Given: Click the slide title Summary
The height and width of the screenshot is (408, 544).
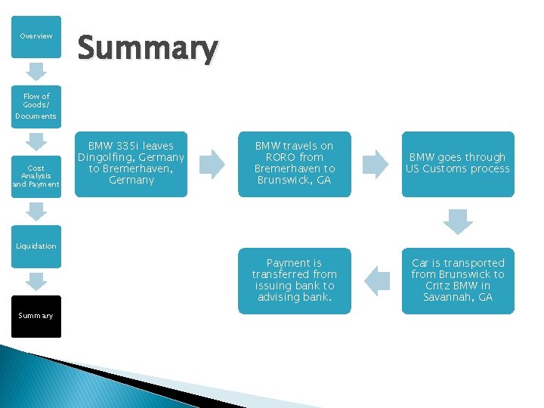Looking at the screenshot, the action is click(x=147, y=48).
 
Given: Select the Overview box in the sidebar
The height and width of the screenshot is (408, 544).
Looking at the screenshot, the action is click(x=36, y=36).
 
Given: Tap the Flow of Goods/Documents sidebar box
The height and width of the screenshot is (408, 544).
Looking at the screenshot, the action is click(x=36, y=106).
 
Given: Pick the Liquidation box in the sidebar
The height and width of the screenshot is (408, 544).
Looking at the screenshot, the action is click(x=36, y=246).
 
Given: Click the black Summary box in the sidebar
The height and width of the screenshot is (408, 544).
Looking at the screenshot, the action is click(x=36, y=315).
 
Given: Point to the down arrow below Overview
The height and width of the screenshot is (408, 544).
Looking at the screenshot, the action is click(x=36, y=71).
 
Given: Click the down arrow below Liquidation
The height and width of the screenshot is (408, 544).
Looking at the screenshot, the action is click(x=36, y=281).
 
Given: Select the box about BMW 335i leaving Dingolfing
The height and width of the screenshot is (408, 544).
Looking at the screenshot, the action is click(x=131, y=163).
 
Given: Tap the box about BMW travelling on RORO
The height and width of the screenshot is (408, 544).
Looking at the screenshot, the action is click(x=294, y=163).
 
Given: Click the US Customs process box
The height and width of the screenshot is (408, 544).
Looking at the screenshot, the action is click(x=457, y=163).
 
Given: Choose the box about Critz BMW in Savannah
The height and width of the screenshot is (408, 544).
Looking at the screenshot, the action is click(x=457, y=280).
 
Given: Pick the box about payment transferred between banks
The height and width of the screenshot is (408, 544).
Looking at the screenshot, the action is click(x=294, y=280).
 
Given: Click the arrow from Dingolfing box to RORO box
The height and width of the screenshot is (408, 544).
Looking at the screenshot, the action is click(x=212, y=164).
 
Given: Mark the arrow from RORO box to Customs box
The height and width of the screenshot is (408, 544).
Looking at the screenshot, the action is click(x=376, y=164).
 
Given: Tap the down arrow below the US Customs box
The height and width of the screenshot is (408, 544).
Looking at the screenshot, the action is click(x=457, y=221).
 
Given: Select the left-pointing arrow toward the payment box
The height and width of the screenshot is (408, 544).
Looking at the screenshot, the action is click(x=376, y=281).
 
